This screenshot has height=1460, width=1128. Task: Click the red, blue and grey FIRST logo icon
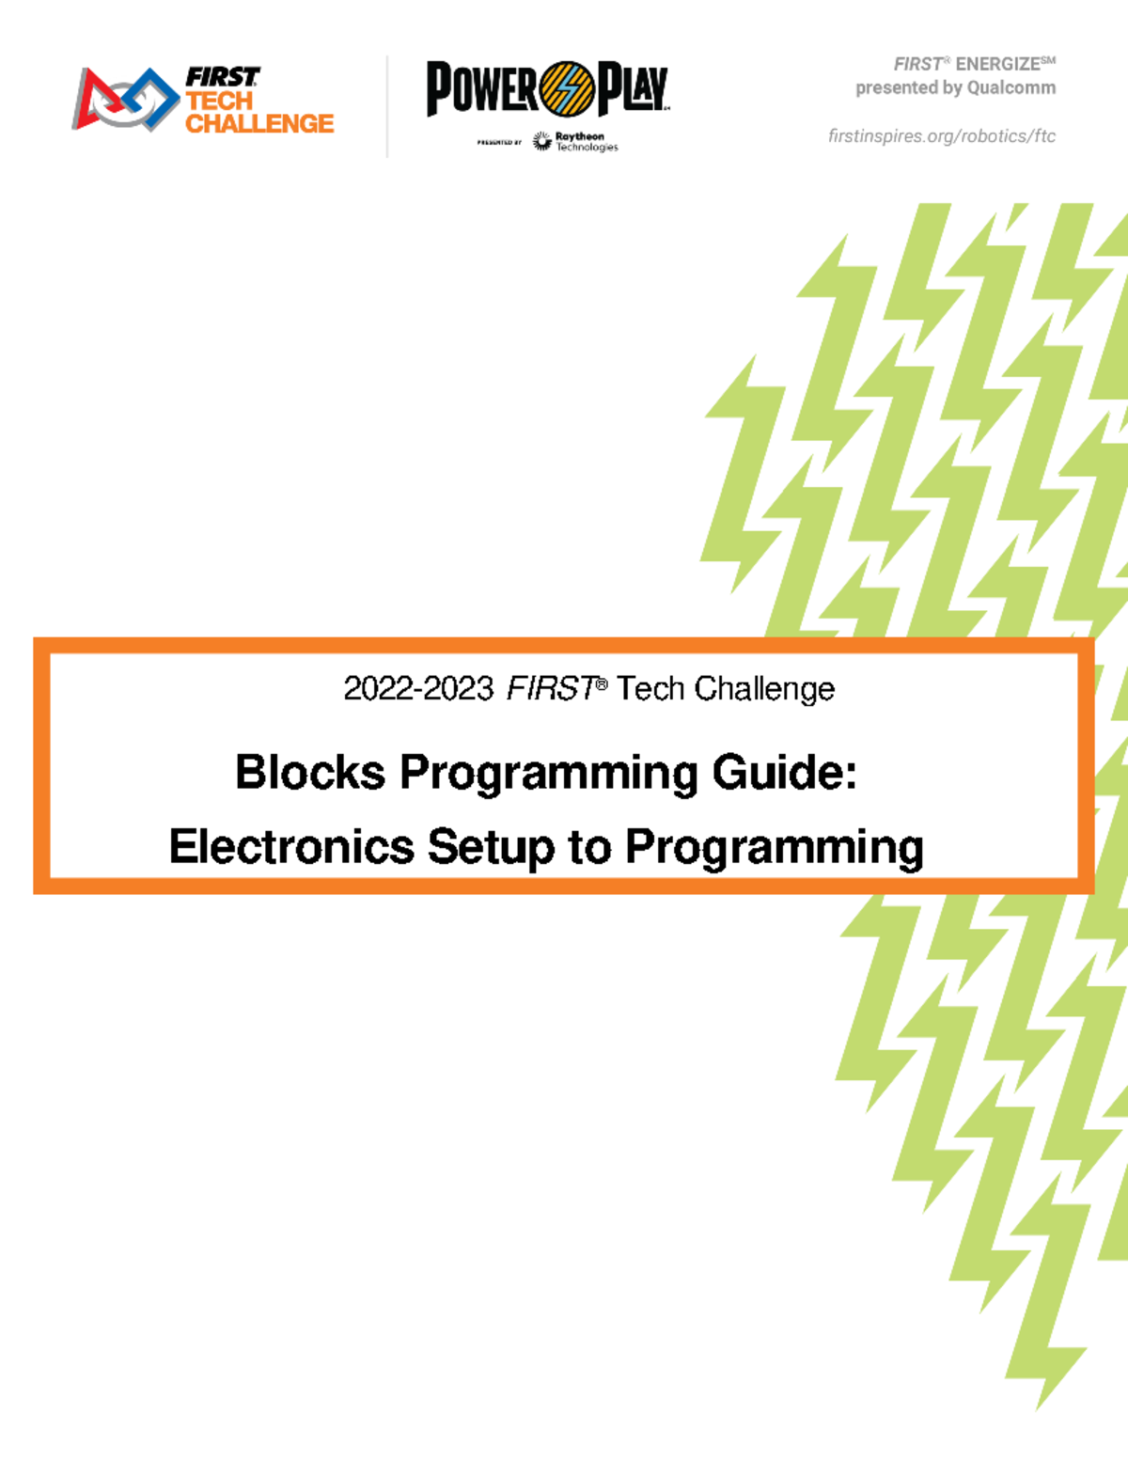click(x=125, y=99)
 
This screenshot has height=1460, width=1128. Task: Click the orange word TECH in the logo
click(x=219, y=102)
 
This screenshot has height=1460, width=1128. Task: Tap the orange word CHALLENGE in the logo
click(x=259, y=124)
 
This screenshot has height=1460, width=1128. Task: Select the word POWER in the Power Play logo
click(x=482, y=89)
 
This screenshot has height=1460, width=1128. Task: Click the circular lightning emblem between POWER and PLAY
click(x=567, y=89)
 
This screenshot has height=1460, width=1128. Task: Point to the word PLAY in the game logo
click(x=633, y=89)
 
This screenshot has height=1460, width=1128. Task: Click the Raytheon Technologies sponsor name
click(x=586, y=142)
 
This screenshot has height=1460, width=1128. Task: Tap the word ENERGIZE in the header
click(x=998, y=65)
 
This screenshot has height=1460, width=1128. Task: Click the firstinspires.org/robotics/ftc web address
click(x=942, y=136)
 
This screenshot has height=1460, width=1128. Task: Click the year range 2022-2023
click(x=418, y=689)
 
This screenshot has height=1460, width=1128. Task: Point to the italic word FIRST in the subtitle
click(x=551, y=689)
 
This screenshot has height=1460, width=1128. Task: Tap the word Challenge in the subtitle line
click(x=764, y=689)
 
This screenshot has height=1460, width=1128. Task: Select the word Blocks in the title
click(x=310, y=773)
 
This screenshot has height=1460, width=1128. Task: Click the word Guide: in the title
click(x=784, y=773)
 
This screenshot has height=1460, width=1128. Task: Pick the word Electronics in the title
click(x=291, y=846)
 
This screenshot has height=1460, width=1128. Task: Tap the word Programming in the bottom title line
click(x=775, y=846)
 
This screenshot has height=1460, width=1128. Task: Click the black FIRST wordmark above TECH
click(x=222, y=77)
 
